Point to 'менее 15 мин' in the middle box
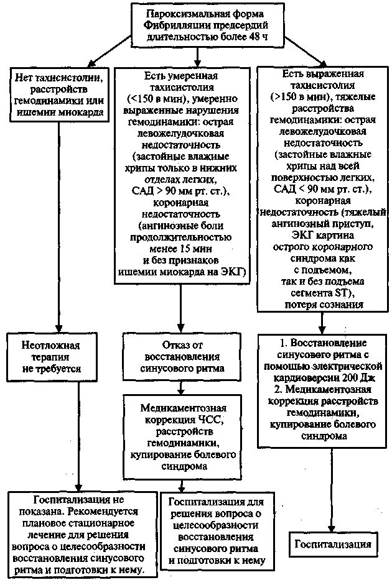point(180,248)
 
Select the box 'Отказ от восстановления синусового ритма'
point(181,356)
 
